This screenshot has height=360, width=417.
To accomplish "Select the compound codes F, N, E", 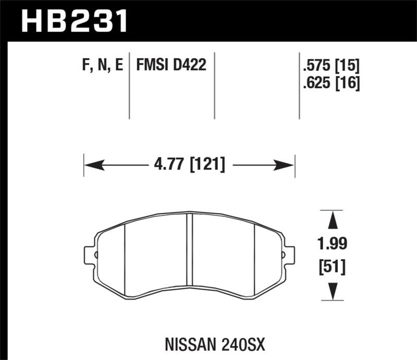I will [x=103, y=66].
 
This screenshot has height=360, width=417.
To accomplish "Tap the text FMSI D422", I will [x=171, y=66].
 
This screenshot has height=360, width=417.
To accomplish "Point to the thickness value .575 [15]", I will [x=331, y=66].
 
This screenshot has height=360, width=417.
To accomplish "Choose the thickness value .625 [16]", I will [x=331, y=83].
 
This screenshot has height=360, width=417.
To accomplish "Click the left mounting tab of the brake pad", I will [x=90, y=255].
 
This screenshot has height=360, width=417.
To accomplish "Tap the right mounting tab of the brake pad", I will [x=288, y=255].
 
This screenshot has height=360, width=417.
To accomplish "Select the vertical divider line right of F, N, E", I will [x=129, y=85].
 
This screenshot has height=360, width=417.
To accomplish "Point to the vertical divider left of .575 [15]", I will [x=299, y=85].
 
